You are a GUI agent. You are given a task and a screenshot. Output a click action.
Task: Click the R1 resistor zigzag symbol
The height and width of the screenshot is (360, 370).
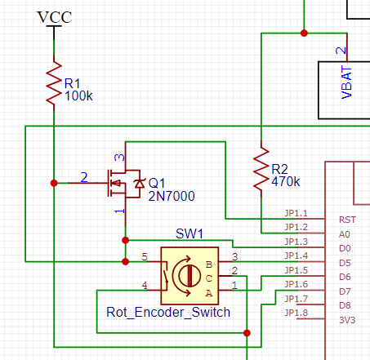point(53,83)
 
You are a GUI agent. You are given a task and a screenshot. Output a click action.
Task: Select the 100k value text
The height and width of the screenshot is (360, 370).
point(78,96)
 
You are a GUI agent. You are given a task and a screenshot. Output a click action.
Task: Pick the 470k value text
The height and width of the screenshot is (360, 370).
point(285,181)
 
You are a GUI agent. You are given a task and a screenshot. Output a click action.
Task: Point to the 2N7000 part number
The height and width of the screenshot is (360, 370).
point(172,196)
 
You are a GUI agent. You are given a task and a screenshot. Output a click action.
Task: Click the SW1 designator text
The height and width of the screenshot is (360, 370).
point(189,234)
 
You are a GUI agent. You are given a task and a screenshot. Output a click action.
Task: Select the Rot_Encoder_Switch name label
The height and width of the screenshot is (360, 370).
point(168,312)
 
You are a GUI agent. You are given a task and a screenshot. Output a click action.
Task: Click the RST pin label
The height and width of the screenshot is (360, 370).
point(346,220)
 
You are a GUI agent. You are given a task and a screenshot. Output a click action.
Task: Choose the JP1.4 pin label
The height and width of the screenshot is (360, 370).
point(296,256)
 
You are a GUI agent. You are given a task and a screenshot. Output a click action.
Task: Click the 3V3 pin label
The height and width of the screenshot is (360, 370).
point(346,321)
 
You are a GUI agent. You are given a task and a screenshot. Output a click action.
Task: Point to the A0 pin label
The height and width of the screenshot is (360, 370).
point(343,233)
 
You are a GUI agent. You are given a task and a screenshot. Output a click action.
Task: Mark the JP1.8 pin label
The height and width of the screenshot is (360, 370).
point(296,313)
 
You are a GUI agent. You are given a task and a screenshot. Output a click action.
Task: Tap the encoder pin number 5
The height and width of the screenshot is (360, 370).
point(145,256)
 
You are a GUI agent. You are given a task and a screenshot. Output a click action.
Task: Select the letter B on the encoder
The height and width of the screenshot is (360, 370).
point(210,264)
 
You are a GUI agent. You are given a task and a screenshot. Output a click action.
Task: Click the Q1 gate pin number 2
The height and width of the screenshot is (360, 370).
point(83,176)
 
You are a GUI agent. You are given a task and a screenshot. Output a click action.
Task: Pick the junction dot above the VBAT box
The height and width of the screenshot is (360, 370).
point(304,33)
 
